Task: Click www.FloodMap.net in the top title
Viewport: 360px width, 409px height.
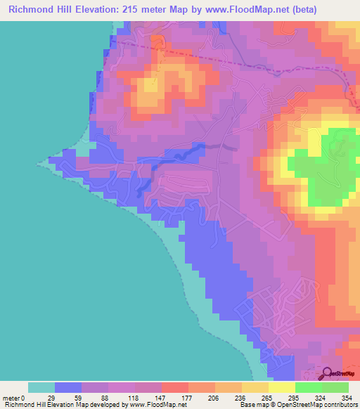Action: pyautogui.click(x=222, y=9)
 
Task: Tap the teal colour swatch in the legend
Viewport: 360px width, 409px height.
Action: pyautogui.click(x=41, y=387)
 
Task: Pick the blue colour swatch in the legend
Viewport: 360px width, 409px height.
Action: pyautogui.click(x=68, y=387)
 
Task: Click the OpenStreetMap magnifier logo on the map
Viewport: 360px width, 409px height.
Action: pyautogui.click(x=328, y=372)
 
